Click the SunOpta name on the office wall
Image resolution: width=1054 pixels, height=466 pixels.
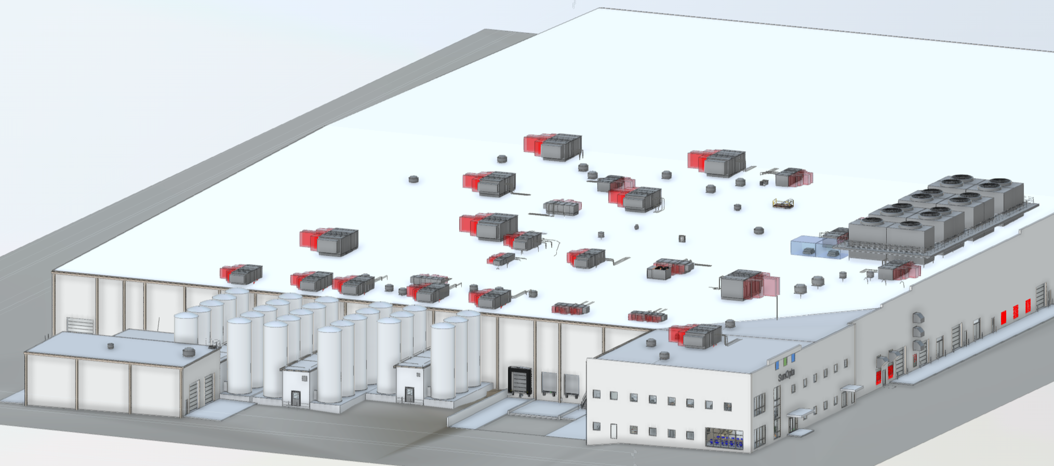786,374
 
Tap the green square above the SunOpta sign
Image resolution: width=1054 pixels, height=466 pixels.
785,360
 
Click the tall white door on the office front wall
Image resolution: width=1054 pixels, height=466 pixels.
613,431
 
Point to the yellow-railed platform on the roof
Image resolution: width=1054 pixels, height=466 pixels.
783,203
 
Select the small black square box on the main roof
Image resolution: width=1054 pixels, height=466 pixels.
682,238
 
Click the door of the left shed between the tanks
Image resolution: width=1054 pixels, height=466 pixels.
295,398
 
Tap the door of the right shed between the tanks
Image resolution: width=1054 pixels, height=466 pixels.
409,395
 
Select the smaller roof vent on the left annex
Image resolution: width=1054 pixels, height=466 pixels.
110,346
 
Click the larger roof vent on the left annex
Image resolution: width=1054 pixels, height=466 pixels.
189,352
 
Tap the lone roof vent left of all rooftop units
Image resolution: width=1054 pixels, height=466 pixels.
413,179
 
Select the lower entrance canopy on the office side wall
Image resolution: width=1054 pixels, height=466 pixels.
799,414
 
